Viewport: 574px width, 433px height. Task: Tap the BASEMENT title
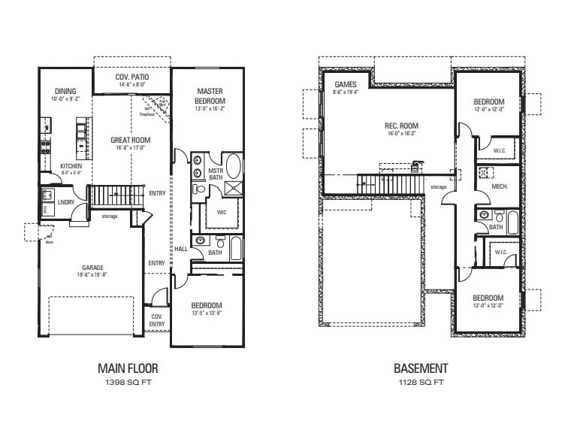click(421, 368)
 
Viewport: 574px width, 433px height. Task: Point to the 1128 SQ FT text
click(421, 383)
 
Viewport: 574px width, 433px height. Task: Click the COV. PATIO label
click(131, 77)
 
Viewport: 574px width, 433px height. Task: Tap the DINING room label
click(65, 91)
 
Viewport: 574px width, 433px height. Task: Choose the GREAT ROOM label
click(130, 140)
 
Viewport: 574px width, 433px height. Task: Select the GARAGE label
click(93, 267)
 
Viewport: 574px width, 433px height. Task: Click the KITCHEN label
click(71, 166)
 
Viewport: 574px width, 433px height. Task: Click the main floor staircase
click(116, 197)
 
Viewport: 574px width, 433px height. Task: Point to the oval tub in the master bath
click(234, 165)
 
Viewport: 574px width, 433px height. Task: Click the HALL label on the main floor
click(180, 249)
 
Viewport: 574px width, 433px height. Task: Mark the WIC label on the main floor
click(222, 212)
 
